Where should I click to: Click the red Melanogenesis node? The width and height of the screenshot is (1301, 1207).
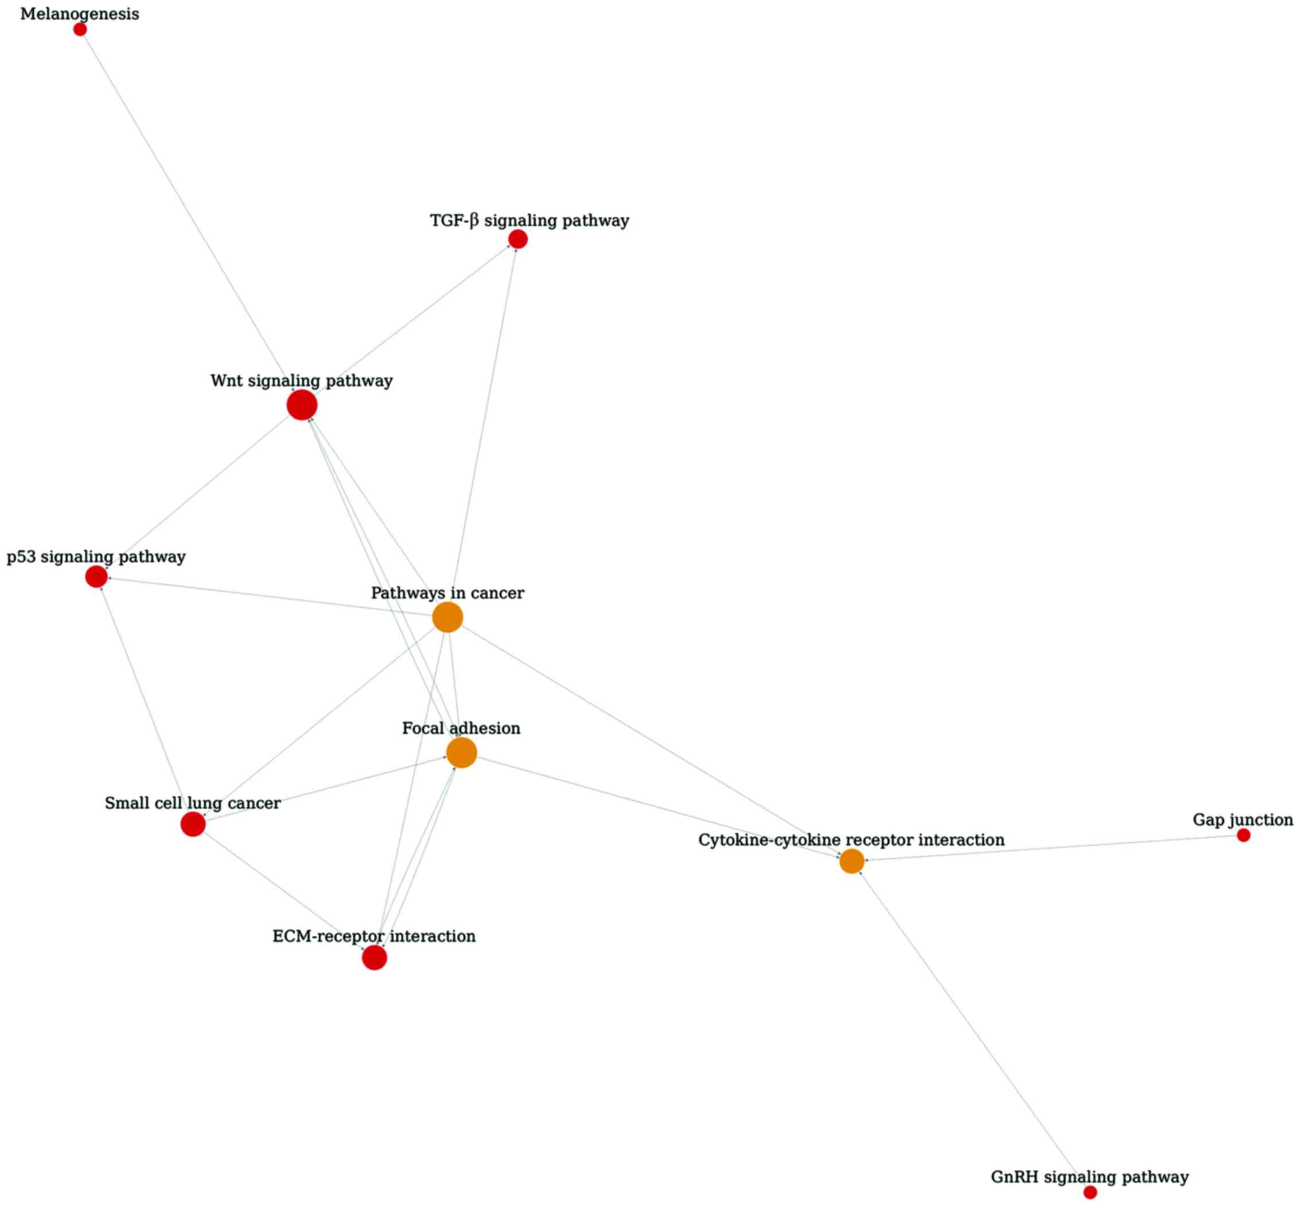coord(80,29)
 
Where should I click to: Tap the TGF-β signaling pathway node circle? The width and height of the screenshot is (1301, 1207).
coord(517,239)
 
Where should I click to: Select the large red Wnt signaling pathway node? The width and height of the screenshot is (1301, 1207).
coord(302,405)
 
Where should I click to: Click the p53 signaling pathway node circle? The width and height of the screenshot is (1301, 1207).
coord(96,577)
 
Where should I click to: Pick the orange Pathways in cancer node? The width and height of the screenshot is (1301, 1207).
coord(447,617)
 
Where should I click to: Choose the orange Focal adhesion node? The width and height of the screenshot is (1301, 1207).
coord(461,752)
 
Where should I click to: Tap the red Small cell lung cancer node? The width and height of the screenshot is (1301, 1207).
coord(193,825)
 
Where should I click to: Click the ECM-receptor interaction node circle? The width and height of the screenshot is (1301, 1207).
coord(375,958)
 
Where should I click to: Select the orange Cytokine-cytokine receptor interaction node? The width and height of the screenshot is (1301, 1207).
coord(851,861)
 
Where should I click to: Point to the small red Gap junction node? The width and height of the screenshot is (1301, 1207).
coord(1244,835)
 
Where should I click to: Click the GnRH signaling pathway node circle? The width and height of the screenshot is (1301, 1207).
coord(1090,1193)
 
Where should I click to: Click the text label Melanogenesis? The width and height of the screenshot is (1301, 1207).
coord(80,14)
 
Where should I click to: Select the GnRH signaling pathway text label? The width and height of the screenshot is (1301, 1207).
coord(1089,1177)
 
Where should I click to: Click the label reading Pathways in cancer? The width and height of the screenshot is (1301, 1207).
coord(447,593)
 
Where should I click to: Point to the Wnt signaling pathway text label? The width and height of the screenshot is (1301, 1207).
coord(301,381)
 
